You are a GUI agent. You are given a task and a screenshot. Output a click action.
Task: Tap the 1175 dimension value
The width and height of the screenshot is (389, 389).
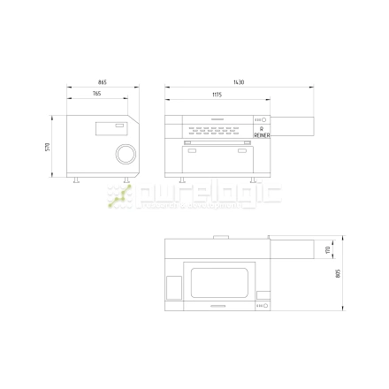point(217,94)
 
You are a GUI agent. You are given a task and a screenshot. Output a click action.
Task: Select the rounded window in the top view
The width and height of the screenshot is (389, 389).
point(217,280)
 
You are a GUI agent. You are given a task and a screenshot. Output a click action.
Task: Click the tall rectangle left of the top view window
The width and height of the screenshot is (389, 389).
point(174,286)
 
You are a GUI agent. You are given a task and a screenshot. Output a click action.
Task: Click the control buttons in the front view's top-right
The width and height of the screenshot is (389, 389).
point(261,121)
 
